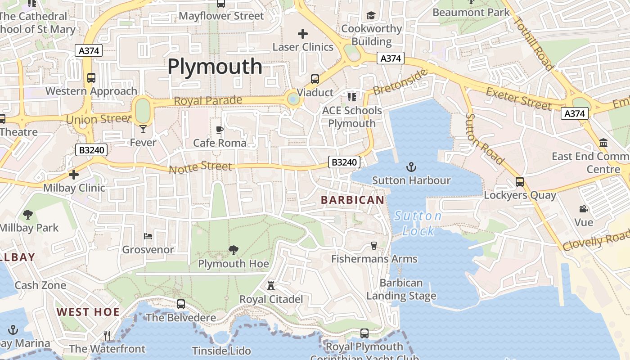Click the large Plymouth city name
(215, 67)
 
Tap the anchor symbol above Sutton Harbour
(411, 167)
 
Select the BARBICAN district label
(353, 200)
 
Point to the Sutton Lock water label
(418, 223)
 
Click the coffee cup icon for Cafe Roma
(220, 130)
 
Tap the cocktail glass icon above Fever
(143, 129)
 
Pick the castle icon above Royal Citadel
(271, 286)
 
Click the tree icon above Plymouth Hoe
(233, 250)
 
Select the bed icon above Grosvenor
(148, 236)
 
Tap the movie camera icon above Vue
(584, 209)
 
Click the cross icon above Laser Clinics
(303, 33)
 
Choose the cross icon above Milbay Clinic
(74, 174)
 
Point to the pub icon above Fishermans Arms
(373, 245)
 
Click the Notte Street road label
(201, 167)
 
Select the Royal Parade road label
(208, 100)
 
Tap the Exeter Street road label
(519, 99)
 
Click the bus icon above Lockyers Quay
(520, 182)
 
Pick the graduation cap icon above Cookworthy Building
(371, 16)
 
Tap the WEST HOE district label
(88, 312)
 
